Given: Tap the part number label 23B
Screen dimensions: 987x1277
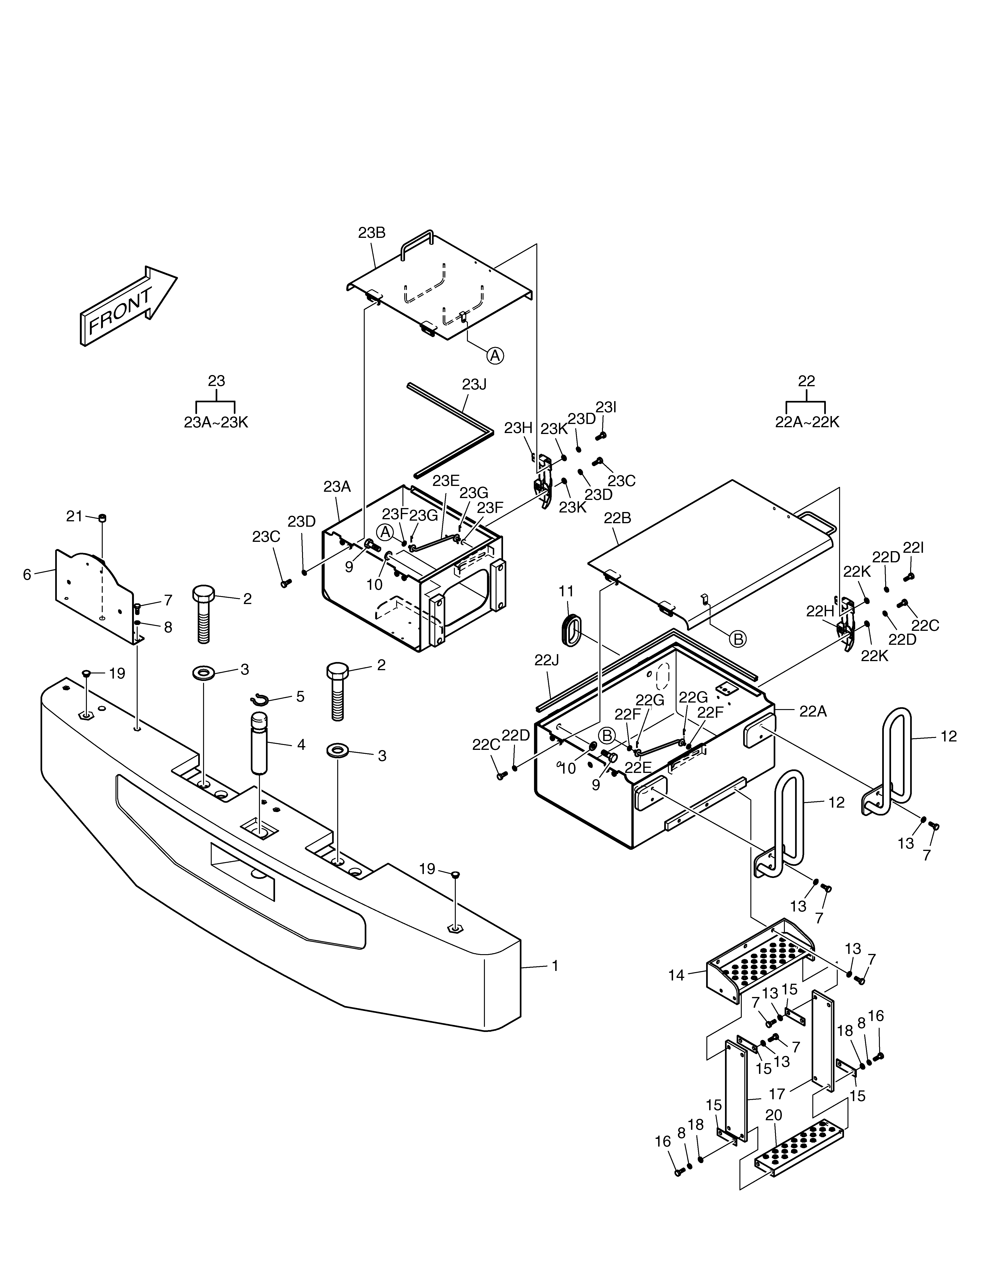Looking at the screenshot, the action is click(372, 233).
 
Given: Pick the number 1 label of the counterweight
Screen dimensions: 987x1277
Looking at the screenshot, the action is click(555, 966).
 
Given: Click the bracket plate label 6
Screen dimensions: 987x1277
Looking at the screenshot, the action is click(27, 575).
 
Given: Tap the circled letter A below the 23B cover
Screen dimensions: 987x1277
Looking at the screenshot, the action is click(495, 355).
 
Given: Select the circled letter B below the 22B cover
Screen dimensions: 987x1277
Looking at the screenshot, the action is click(739, 639).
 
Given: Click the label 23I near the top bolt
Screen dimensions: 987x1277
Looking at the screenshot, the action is click(606, 407).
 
